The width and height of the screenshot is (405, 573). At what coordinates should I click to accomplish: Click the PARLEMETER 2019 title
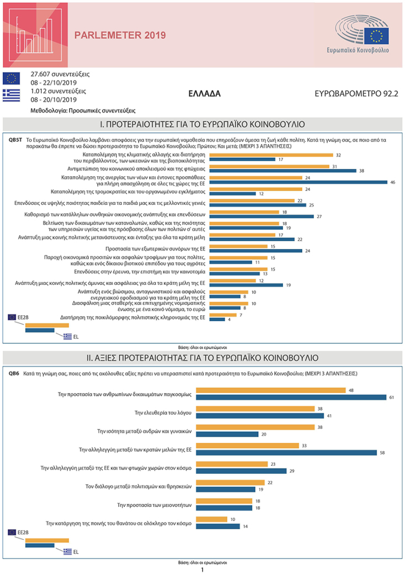tap(120, 36)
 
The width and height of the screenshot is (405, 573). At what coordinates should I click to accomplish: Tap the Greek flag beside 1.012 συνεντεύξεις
tap(11, 95)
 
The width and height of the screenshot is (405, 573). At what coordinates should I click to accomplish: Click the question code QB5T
tap(15, 140)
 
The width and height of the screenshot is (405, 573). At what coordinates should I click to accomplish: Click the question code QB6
tap(14, 374)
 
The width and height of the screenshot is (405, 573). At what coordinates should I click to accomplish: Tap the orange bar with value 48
tap(271, 390)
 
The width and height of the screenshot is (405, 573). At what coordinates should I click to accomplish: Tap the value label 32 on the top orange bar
tap(338, 155)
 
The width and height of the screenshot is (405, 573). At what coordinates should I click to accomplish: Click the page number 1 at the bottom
tap(202, 569)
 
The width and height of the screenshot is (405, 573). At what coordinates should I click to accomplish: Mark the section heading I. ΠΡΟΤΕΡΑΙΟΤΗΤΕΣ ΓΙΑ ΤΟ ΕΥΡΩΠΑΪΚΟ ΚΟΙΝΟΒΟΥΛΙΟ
tap(202, 124)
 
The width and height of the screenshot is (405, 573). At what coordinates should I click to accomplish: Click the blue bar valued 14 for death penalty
tap(218, 526)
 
